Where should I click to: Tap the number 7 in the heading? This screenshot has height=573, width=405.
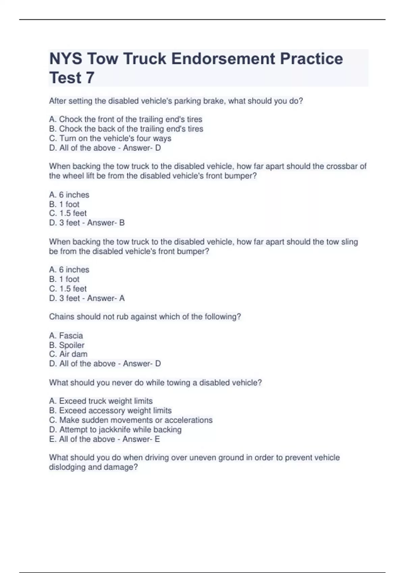point(90,78)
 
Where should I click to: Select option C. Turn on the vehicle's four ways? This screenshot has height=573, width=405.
point(110,138)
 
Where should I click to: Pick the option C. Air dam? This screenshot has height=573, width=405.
point(68,354)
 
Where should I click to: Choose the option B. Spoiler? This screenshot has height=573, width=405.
point(66,345)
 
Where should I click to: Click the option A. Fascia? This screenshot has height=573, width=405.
point(66,336)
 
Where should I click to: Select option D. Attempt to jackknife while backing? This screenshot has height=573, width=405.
point(115,430)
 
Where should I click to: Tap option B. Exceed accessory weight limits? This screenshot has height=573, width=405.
point(110,411)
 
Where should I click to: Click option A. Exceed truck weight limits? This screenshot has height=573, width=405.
point(101,401)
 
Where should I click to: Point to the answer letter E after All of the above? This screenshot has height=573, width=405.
point(157,439)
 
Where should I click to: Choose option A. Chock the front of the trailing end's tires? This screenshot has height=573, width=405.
point(126,119)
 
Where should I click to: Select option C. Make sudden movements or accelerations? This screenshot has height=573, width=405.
point(131,420)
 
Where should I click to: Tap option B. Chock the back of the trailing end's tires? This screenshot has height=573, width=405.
point(126,129)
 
